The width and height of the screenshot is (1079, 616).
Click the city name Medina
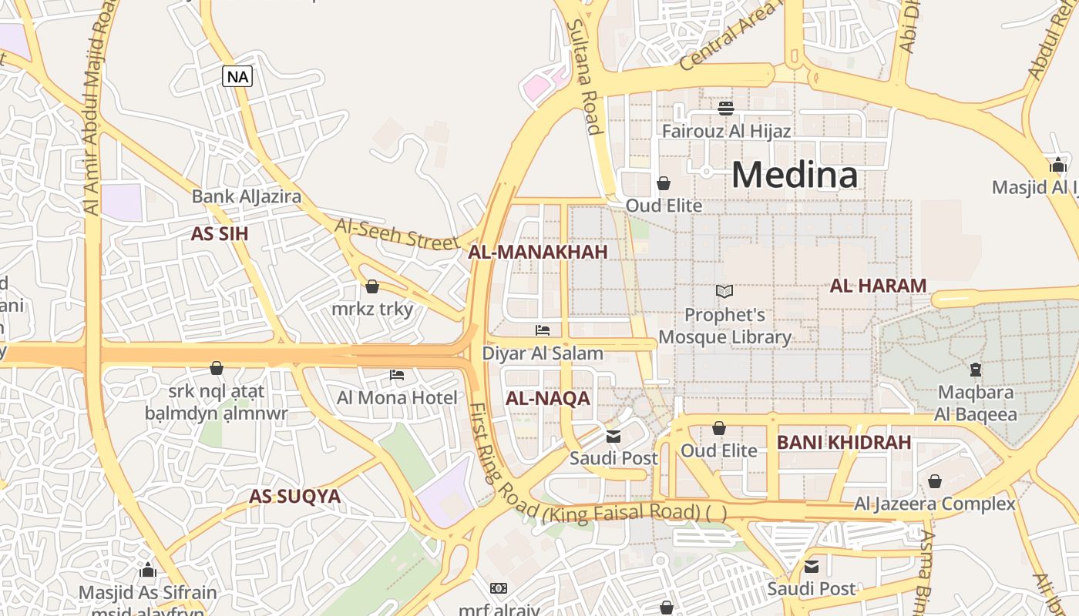click(794, 175)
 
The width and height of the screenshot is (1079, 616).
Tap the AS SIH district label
click(220, 234)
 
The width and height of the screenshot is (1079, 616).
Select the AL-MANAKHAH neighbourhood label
click(538, 252)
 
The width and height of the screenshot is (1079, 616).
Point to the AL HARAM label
click(878, 286)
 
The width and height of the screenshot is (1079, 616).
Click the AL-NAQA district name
click(548, 398)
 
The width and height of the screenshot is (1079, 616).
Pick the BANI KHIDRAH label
click(844, 443)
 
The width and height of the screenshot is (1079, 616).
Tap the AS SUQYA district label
click(294, 497)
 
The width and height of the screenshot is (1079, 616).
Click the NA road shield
click(237, 76)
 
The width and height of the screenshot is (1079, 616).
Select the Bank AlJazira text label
click(246, 196)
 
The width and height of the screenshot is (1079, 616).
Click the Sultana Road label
click(583, 77)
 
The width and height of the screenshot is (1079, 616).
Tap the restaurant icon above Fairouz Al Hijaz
click(725, 109)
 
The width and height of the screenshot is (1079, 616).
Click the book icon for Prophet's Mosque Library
click(724, 291)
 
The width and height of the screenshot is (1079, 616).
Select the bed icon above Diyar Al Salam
click(543, 330)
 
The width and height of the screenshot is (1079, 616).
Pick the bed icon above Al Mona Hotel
click(397, 375)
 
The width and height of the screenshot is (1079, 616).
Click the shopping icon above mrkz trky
click(372, 286)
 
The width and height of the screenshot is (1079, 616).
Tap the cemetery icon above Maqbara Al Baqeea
click(976, 370)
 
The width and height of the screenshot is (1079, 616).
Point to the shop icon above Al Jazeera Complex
click(934, 481)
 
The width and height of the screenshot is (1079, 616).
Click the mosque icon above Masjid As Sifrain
click(147, 570)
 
